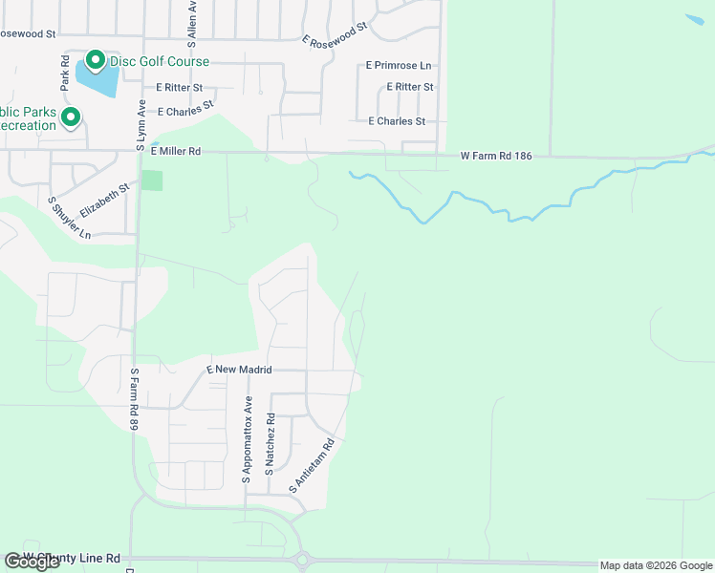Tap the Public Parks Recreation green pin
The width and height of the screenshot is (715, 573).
pyautogui.click(x=70, y=117)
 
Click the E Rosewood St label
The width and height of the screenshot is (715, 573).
pyautogui.click(x=335, y=35)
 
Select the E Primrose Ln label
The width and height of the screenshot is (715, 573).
pyautogui.click(x=399, y=66)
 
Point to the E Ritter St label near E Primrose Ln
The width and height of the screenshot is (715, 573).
pyautogui.click(x=410, y=87)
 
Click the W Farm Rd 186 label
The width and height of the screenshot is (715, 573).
pyautogui.click(x=495, y=155)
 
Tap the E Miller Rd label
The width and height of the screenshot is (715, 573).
pyautogui.click(x=174, y=151)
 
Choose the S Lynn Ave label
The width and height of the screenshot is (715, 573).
pyautogui.click(x=141, y=126)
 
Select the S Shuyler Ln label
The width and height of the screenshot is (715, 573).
pyautogui.click(x=69, y=219)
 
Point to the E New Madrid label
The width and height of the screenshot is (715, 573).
pyautogui.click(x=240, y=370)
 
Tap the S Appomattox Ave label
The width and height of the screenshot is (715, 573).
pyautogui.click(x=248, y=439)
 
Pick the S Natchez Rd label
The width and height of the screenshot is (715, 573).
pyautogui.click(x=271, y=445)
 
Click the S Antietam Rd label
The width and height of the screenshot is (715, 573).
pyautogui.click(x=313, y=467)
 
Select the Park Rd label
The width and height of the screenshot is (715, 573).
pyautogui.click(x=64, y=73)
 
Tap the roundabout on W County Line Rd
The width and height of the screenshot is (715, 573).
pyautogui.click(x=303, y=561)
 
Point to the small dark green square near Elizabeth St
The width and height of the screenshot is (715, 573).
pyautogui.click(x=152, y=180)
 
